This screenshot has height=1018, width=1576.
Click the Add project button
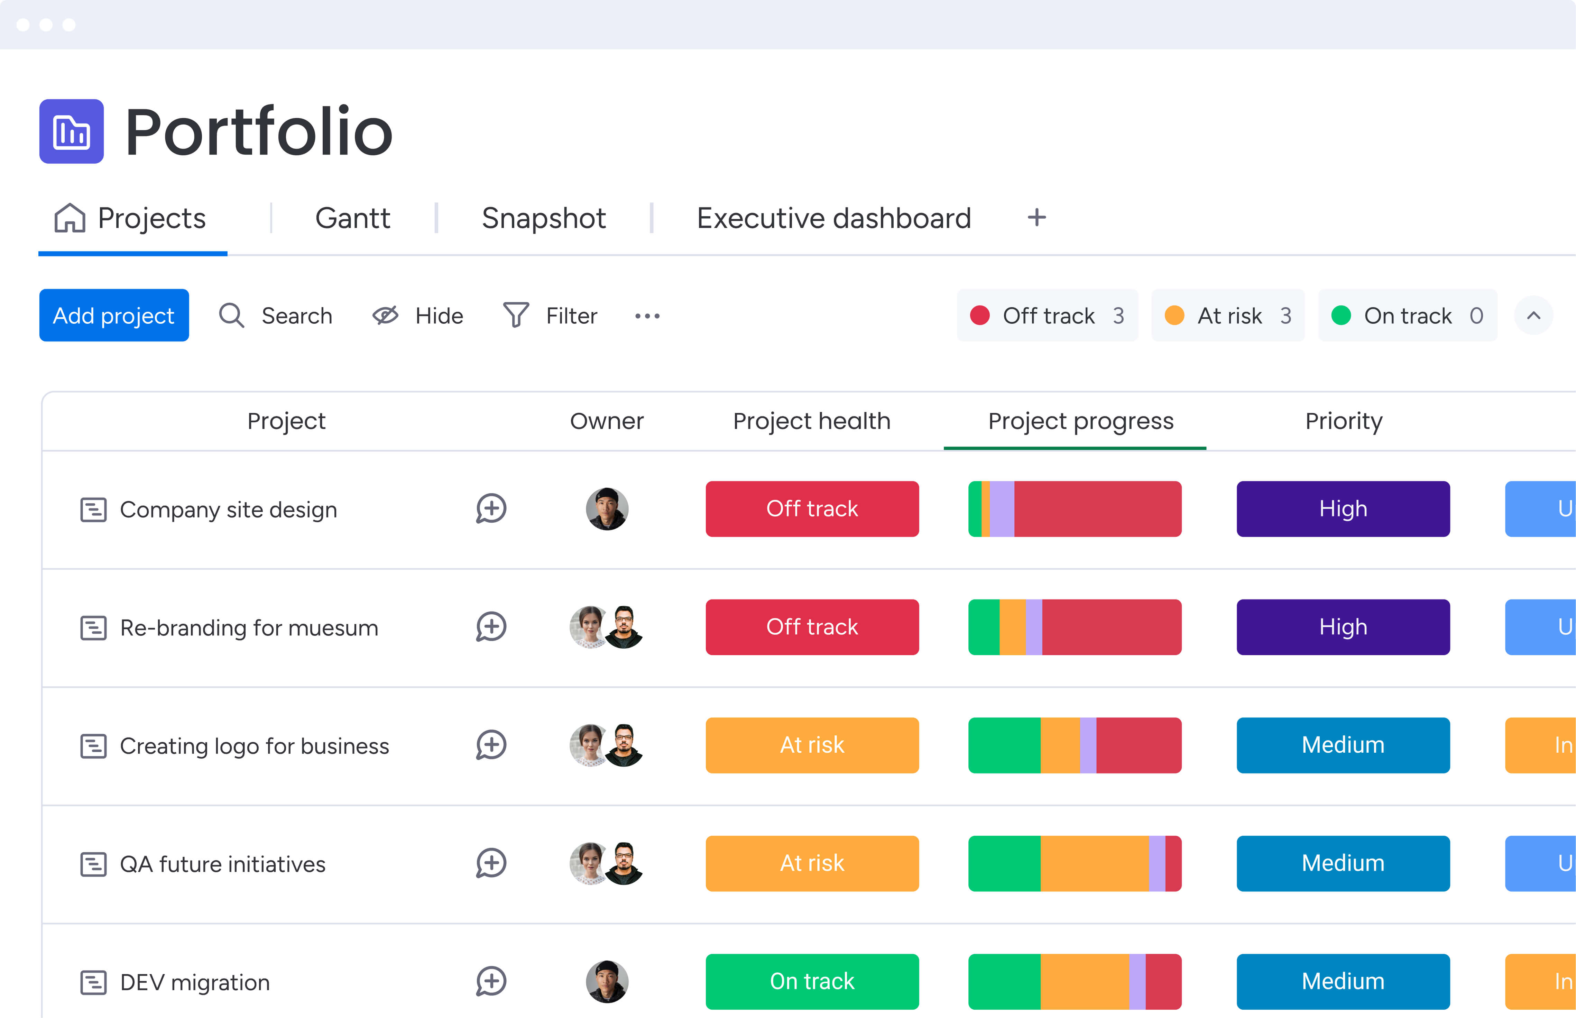[x=114, y=315]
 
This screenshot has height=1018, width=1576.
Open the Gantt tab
[x=352, y=218]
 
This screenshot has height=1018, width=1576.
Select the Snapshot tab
[x=543, y=218]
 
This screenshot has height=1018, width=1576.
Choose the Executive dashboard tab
[x=833, y=218]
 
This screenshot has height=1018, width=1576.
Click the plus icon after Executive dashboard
[x=1036, y=218]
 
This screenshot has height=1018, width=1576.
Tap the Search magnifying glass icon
[x=231, y=315]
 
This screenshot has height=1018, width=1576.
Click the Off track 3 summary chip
[x=1047, y=315]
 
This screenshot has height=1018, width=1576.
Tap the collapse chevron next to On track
[x=1533, y=315]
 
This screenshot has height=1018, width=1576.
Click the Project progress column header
[x=1080, y=421]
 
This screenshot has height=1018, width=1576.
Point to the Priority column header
[x=1343, y=421]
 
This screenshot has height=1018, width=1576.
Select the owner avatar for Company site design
[x=607, y=509]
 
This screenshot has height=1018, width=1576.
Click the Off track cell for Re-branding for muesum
[x=811, y=627]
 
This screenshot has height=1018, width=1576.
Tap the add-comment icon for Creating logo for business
[x=491, y=745]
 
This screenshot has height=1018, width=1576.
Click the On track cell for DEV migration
[x=811, y=981]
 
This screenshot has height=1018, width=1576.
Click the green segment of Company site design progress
[x=975, y=509]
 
